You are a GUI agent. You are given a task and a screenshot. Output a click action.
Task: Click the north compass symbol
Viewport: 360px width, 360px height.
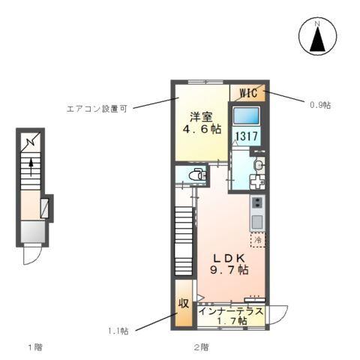(x=317, y=37)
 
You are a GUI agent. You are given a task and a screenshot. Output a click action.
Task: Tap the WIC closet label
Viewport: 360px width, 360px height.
(x=248, y=93)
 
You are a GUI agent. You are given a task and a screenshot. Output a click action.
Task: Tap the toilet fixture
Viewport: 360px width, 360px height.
(x=196, y=175)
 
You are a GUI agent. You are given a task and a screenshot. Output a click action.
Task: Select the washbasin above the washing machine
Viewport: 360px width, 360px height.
(x=258, y=165)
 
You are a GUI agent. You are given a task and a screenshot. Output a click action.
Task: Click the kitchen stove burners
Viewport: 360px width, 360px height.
(x=257, y=203)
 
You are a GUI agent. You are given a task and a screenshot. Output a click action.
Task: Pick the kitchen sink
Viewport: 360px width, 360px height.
(x=257, y=221)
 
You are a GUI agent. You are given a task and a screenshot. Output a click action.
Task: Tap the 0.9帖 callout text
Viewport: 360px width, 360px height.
(x=319, y=104)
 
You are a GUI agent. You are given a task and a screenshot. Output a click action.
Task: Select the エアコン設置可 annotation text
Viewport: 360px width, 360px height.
(x=97, y=108)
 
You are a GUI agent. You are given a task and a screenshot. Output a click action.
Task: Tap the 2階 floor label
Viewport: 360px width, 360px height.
(x=199, y=347)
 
